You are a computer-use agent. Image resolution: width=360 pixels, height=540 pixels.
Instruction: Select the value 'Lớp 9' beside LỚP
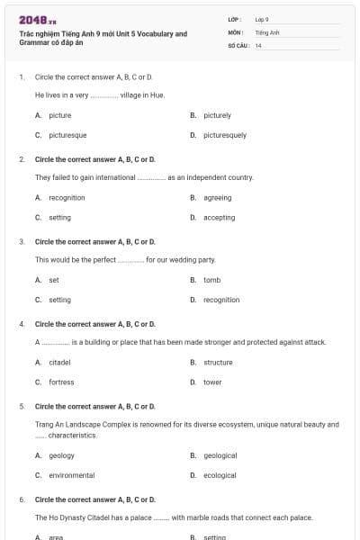pyautogui.click(x=262, y=19)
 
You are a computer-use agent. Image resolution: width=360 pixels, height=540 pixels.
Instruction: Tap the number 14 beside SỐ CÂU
pyautogui.click(x=258, y=45)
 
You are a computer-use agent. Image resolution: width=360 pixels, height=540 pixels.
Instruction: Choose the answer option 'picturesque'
pyautogui.click(x=67, y=135)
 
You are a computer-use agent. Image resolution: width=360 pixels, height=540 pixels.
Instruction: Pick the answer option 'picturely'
pyautogui.click(x=217, y=115)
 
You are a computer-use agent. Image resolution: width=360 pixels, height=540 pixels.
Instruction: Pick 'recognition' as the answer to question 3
pyautogui.click(x=221, y=300)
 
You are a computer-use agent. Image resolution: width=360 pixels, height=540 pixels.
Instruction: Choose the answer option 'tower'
pyautogui.click(x=212, y=382)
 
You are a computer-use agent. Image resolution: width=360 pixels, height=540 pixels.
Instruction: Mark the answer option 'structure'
pyautogui.click(x=218, y=362)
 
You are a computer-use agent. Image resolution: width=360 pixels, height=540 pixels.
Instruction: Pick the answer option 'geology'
pyautogui.click(x=61, y=455)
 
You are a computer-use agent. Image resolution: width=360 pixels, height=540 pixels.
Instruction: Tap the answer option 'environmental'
pyautogui.click(x=71, y=475)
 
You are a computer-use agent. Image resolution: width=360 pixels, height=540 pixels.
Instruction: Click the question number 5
pyautogui.click(x=21, y=406)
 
